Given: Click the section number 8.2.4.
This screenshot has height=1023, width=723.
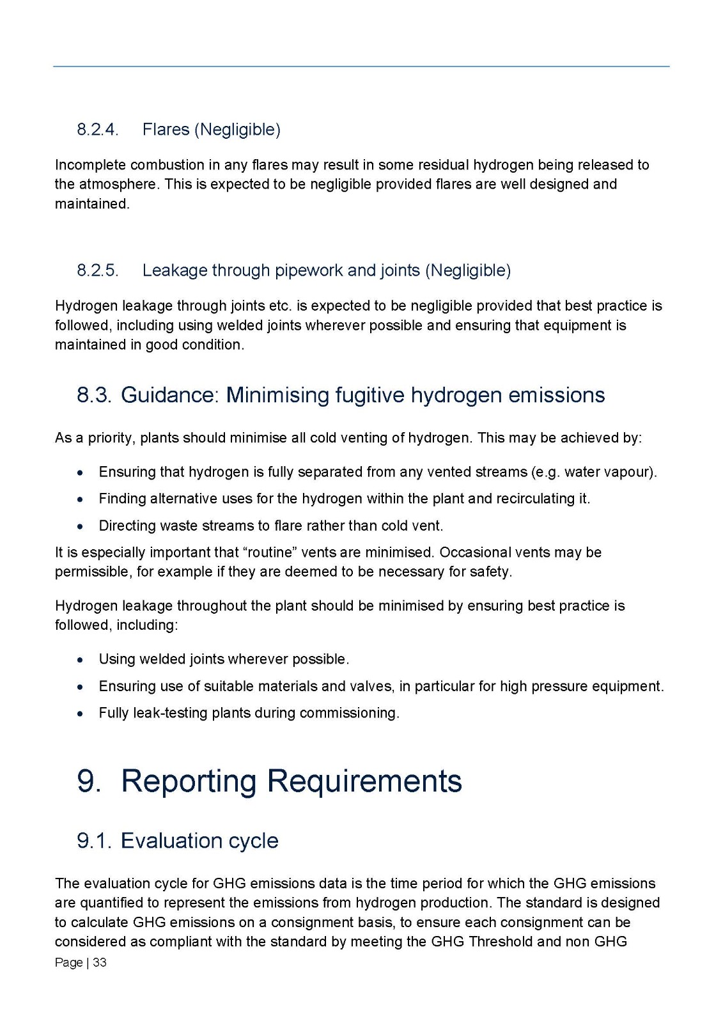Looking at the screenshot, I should [x=98, y=130].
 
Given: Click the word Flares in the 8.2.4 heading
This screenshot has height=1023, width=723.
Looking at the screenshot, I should [x=166, y=130].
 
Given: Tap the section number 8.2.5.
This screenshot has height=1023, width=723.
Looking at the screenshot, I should [x=98, y=270].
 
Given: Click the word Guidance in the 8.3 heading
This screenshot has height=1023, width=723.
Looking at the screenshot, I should [x=169, y=395].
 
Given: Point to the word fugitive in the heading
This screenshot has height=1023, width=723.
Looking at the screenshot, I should [x=370, y=395].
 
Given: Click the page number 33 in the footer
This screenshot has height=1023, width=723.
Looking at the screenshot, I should [x=100, y=962].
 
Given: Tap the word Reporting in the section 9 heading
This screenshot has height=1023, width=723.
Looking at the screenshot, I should [x=189, y=781].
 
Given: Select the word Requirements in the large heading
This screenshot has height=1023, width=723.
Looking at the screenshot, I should [x=364, y=781].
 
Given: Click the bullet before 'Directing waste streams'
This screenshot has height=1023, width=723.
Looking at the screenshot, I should [x=79, y=527].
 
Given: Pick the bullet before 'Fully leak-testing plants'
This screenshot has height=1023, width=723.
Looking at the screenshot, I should [x=79, y=714].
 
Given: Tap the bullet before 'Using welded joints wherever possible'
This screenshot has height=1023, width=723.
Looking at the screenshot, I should [x=79, y=660].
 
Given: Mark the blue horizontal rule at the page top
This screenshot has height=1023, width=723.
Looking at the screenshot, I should [x=361, y=66].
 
